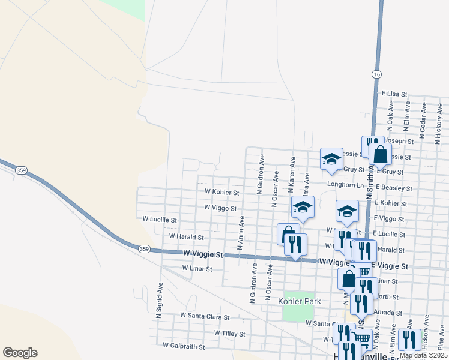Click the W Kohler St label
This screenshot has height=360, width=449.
click(x=221, y=193)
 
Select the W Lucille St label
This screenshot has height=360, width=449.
click(x=160, y=220)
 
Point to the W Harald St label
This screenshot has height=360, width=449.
click(x=187, y=237)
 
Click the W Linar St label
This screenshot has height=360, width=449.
click(x=197, y=269)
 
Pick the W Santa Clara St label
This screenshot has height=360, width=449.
click(x=205, y=316)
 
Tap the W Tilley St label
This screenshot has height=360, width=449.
click(x=229, y=334)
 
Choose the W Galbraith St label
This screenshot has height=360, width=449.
click(x=184, y=346)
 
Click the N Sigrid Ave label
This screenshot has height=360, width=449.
click(x=160, y=299)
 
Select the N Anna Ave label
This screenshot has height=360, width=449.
click(x=240, y=232)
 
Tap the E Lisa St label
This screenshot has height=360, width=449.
click(x=394, y=94)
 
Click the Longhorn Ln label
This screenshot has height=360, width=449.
click(x=346, y=185)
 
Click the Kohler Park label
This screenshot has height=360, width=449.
click(x=300, y=301)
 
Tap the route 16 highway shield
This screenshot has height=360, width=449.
click(x=376, y=74)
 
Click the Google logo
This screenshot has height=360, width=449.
click(x=20, y=353)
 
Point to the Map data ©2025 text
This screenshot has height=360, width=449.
click(x=423, y=355)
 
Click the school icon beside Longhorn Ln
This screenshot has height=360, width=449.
click(x=331, y=159)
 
